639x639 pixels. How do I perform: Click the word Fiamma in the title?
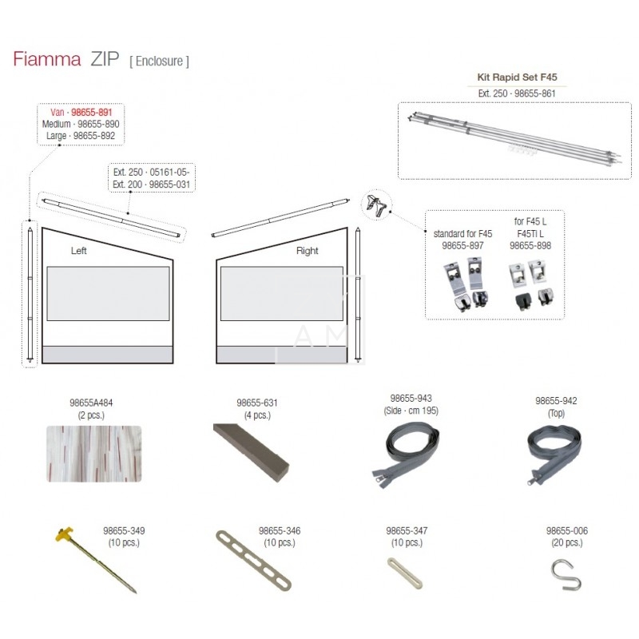47,59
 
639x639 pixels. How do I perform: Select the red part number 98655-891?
92,113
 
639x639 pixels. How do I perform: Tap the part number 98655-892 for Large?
94,136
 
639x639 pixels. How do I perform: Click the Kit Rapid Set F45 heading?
517,77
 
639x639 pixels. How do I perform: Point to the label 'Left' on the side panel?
78,251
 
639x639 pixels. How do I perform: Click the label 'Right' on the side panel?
308,251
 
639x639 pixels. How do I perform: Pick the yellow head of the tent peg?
65,534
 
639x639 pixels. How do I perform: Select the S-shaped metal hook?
566,574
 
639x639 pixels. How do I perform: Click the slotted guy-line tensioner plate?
253,561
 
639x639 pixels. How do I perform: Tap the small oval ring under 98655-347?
405,573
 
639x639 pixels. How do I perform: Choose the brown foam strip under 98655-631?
252,453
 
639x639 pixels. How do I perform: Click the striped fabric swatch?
93,454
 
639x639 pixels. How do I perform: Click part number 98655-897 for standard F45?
462,246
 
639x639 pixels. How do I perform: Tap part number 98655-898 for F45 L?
530,246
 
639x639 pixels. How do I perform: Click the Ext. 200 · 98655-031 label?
151,185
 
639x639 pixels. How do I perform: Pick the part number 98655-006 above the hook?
567,530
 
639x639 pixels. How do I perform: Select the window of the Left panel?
108,293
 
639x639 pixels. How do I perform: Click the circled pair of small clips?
376,205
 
